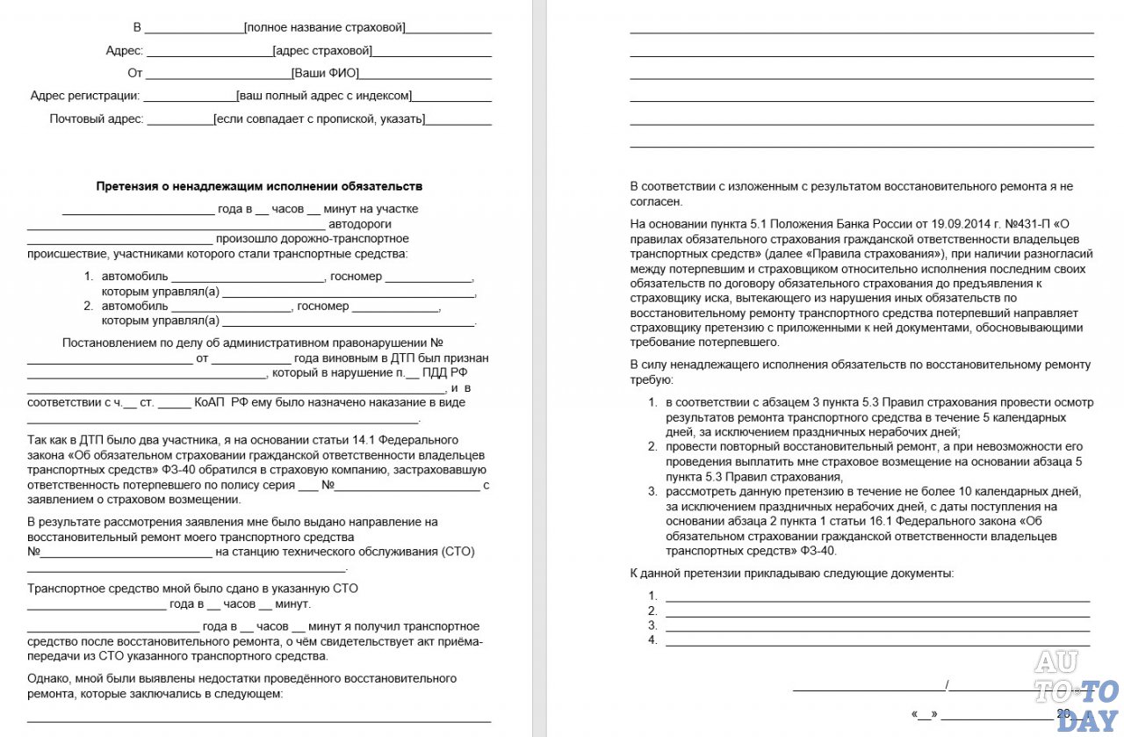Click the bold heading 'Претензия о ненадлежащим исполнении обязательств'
[259, 186]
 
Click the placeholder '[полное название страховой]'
[325, 27]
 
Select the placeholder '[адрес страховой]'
[322, 50]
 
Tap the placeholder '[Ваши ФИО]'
[325, 73]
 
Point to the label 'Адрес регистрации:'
[84, 96]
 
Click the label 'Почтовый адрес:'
[96, 119]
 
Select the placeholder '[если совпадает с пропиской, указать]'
[320, 119]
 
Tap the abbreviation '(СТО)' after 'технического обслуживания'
[455, 552]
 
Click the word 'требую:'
[652, 380]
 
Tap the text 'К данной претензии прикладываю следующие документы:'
[791, 573]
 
